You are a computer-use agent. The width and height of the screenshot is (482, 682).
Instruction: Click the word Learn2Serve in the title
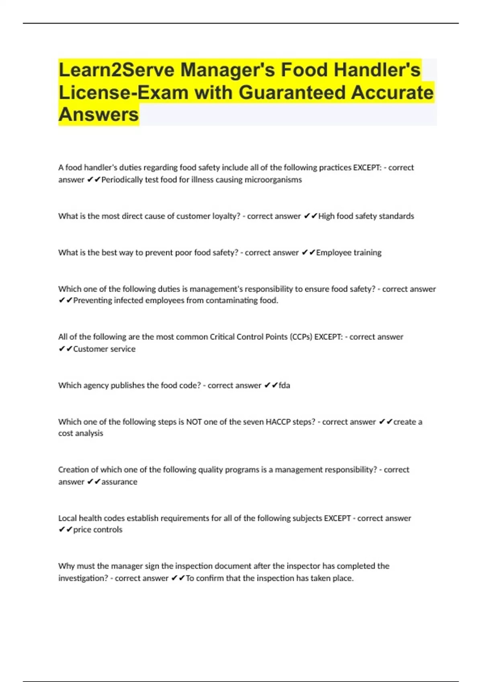pyautogui.click(x=116, y=70)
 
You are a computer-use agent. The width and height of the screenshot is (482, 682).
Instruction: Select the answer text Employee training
pyautogui.click(x=349, y=253)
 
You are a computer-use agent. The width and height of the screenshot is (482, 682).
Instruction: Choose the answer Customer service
pyautogui.click(x=104, y=349)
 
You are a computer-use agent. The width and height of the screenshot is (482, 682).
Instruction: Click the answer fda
pyautogui.click(x=284, y=386)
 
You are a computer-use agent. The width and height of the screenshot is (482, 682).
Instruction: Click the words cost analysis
pyautogui.click(x=81, y=433)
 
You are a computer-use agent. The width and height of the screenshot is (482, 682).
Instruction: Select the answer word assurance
pyautogui.click(x=119, y=482)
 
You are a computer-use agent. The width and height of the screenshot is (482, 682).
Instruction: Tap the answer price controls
pyautogui.click(x=98, y=530)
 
